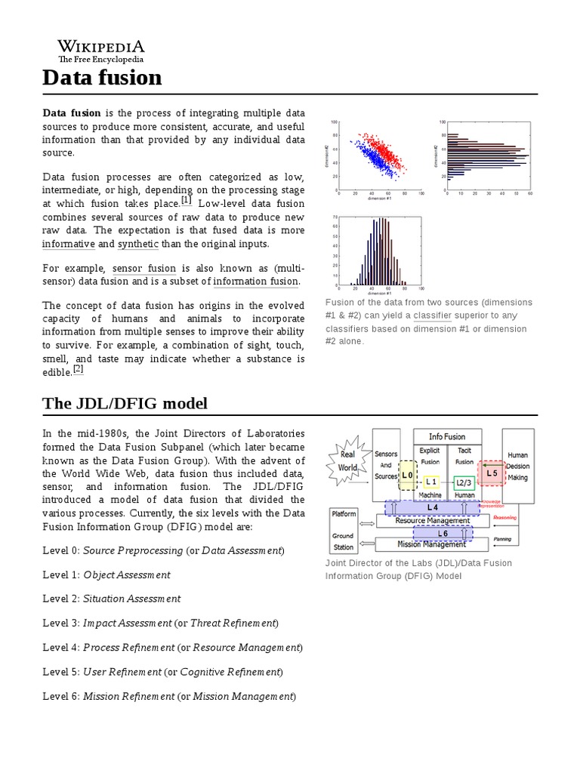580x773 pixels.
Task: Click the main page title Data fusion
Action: point(102,77)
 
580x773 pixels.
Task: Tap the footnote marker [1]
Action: point(187,202)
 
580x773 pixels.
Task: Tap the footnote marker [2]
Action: point(78,369)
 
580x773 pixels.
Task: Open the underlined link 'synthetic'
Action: point(138,244)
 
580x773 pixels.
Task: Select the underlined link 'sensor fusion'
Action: point(145,268)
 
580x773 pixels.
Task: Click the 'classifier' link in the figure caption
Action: point(432,316)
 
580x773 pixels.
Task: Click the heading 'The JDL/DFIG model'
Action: point(125,404)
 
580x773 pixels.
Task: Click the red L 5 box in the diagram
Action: point(492,473)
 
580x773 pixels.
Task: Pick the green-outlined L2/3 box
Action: point(464,482)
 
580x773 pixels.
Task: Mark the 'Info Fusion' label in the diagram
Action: point(447,436)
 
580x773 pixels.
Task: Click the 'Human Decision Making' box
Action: point(517,466)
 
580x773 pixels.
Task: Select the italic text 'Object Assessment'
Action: point(126,574)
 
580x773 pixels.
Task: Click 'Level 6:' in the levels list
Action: point(61,695)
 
